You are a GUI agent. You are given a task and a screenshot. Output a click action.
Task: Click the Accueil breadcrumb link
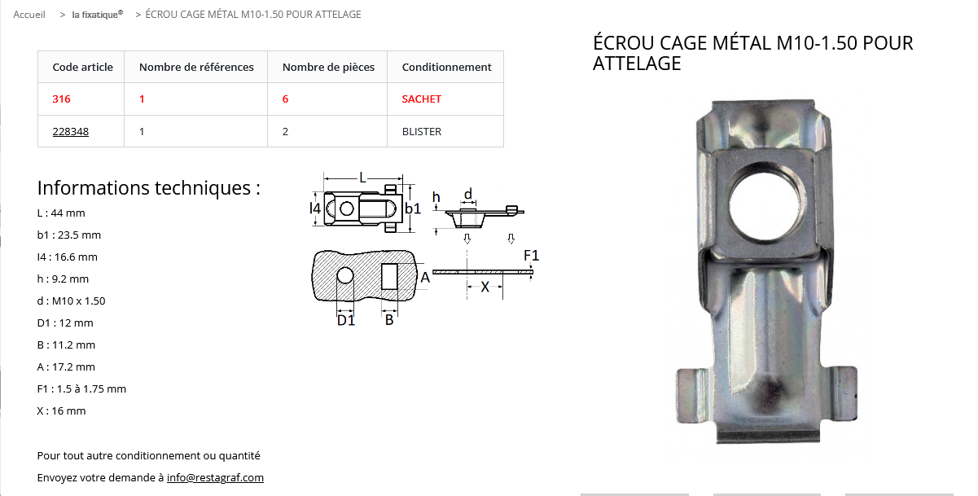pos(29,15)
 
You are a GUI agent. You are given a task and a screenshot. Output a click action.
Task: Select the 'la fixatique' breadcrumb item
pos(98,15)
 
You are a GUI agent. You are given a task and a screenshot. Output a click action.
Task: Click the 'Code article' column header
pos(82,67)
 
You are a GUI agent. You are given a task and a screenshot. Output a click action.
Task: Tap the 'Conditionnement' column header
pos(446,67)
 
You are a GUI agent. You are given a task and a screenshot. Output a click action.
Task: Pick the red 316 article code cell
pos(61,99)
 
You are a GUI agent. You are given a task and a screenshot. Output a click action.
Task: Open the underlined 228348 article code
pos(70,131)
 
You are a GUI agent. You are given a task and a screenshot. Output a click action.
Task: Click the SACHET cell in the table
pos(421,99)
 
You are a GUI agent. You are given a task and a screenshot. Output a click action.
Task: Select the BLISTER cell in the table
pos(422,131)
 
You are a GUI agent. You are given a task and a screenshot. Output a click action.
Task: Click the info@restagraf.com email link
pos(215,477)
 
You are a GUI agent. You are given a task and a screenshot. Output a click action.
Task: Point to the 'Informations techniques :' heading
pos(148,188)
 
